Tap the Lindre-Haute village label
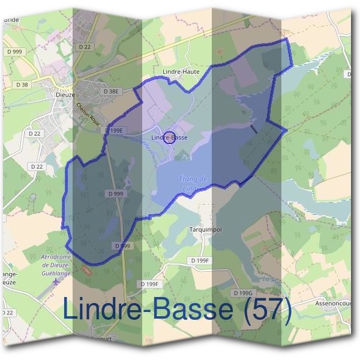[181, 71]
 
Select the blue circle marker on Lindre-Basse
[169, 137]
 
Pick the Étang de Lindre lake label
[193, 183]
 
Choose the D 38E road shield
[112, 91]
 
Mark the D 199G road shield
[243, 292]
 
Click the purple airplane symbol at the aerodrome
[56, 280]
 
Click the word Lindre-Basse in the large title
[147, 310]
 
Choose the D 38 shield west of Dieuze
[23, 85]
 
